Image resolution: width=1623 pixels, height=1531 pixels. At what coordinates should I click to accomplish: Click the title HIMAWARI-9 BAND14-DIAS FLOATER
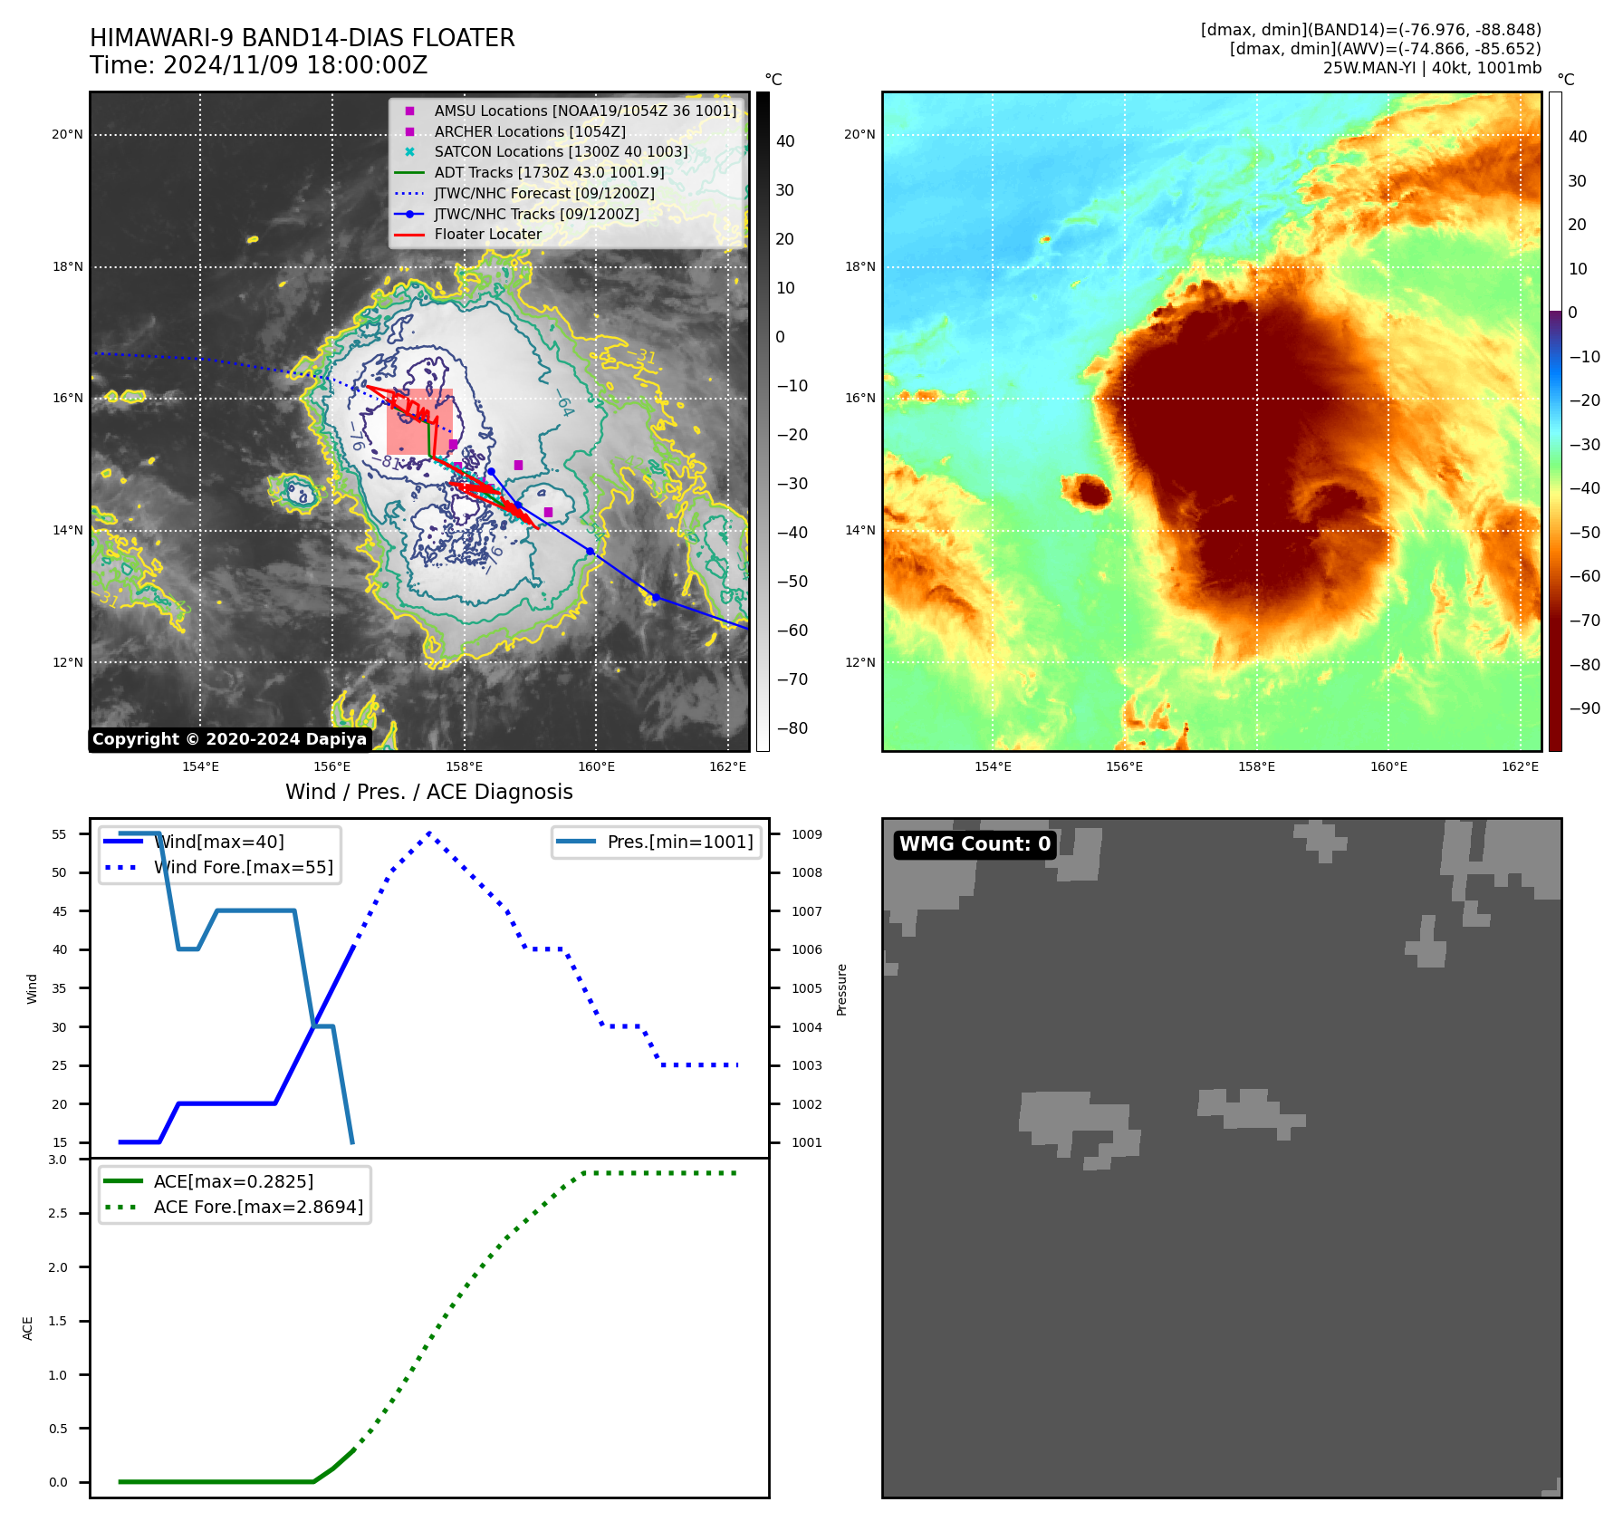coord(302,38)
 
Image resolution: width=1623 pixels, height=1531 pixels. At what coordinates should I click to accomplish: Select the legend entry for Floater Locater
coord(487,235)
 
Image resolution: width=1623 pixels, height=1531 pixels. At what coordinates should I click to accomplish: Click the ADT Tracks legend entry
coord(549,173)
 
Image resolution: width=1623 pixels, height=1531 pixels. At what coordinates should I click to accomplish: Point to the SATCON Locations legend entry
coord(561,152)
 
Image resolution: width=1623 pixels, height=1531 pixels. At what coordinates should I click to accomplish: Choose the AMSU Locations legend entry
coord(585,111)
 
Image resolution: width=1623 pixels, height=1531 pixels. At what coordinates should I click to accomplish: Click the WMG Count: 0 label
coord(975,844)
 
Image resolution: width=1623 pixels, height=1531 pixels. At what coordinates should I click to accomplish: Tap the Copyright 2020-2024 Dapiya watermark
coord(229,739)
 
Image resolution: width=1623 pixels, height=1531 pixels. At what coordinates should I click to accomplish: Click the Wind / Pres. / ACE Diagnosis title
coord(428,793)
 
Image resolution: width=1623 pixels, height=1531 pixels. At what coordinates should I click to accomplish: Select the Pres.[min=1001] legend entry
coord(679,843)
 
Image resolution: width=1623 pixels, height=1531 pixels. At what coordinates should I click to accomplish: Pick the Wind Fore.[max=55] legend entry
coord(243,868)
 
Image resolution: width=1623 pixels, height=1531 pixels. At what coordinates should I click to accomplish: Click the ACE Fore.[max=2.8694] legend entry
coord(258,1208)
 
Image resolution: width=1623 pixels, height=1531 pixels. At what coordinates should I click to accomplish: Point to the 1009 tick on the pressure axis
coord(806,834)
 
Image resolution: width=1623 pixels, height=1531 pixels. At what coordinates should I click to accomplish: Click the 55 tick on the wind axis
coord(60,834)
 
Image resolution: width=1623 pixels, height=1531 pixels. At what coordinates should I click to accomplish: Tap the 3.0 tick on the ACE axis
coord(58,1160)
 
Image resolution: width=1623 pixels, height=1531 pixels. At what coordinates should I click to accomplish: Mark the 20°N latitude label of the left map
coord(67,135)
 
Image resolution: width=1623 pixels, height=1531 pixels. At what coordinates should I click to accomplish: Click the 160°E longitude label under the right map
coord(1388,767)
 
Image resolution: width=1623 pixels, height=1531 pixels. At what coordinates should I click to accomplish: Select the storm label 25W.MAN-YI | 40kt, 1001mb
coord(1432,69)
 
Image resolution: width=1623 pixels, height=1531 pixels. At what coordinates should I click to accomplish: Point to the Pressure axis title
coord(841,989)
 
